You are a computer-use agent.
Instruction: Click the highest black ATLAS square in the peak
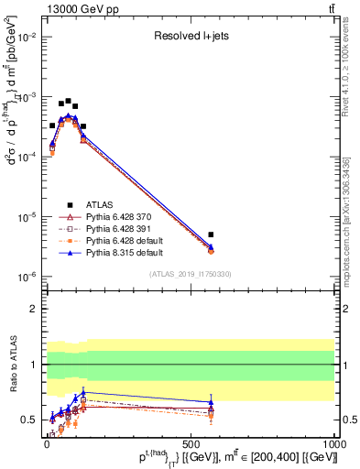tap(68, 101)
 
